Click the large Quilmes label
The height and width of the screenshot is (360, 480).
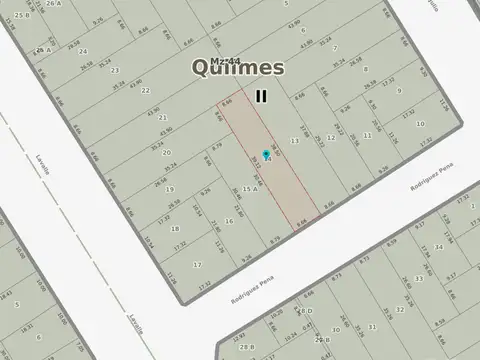pyautogui.click(x=238, y=69)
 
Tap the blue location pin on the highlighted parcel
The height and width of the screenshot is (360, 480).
pyautogui.click(x=265, y=155)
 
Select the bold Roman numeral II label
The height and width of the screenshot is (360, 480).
pyautogui.click(x=261, y=96)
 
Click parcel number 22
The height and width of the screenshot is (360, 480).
pyautogui.click(x=146, y=90)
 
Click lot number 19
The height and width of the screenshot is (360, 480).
pyautogui.click(x=171, y=188)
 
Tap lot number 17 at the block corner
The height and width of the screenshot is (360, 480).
pyautogui.click(x=197, y=264)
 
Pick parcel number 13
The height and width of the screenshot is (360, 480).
pyautogui.click(x=294, y=141)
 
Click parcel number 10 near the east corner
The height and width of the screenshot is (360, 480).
pyautogui.click(x=420, y=125)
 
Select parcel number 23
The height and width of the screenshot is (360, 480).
pyautogui.click(x=115, y=70)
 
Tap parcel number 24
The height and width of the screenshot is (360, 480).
pyautogui.click(x=83, y=51)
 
